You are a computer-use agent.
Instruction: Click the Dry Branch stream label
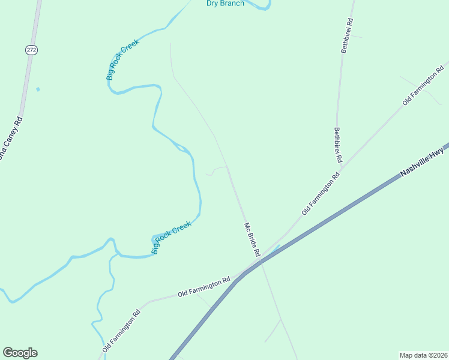point(225,4)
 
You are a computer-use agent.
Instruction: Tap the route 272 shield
point(31,50)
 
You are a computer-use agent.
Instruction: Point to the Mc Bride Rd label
point(252,240)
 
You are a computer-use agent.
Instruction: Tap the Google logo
point(20,353)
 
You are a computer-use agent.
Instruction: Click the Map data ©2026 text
point(423,355)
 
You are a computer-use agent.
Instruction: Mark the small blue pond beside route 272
point(38,89)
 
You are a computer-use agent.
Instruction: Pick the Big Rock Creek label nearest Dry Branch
point(122,59)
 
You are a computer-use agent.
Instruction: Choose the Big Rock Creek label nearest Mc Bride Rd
point(172,237)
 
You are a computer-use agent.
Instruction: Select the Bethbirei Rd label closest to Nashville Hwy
point(338,145)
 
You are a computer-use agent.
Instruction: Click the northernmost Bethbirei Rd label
point(347,35)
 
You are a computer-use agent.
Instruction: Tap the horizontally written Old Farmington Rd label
point(204,287)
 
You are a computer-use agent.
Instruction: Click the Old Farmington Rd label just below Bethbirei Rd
point(321,194)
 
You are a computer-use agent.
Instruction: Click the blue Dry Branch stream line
point(263,7)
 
